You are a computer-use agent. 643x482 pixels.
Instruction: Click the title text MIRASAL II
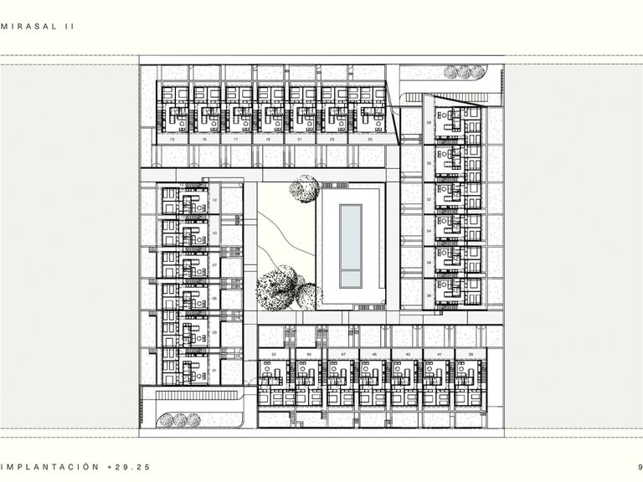pyautogui.click(x=39, y=27)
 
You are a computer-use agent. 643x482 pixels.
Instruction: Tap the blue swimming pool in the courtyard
pyautogui.click(x=350, y=244)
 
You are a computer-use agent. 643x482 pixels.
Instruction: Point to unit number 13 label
pyautogui.click(x=172, y=140)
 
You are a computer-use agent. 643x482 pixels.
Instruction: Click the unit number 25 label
pyautogui.click(x=370, y=140)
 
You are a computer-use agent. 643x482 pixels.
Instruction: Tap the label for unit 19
pyautogui.click(x=268, y=140)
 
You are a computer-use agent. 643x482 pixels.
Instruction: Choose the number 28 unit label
pyautogui.click(x=428, y=123)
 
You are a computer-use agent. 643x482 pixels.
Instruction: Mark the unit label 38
pyautogui.click(x=428, y=295)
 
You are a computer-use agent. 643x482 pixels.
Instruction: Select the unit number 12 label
pyautogui.click(x=215, y=201)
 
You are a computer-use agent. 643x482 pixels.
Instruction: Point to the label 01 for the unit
pyautogui.click(x=215, y=369)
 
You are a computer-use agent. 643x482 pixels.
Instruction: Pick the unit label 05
pyautogui.click(x=215, y=299)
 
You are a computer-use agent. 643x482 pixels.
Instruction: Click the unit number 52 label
pyautogui.click(x=274, y=356)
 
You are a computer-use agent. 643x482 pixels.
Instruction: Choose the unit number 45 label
pyautogui.click(x=373, y=356)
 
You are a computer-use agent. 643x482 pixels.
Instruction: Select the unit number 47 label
pyautogui.click(x=343, y=356)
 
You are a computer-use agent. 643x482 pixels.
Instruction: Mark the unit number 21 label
pyautogui.click(x=300, y=140)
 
